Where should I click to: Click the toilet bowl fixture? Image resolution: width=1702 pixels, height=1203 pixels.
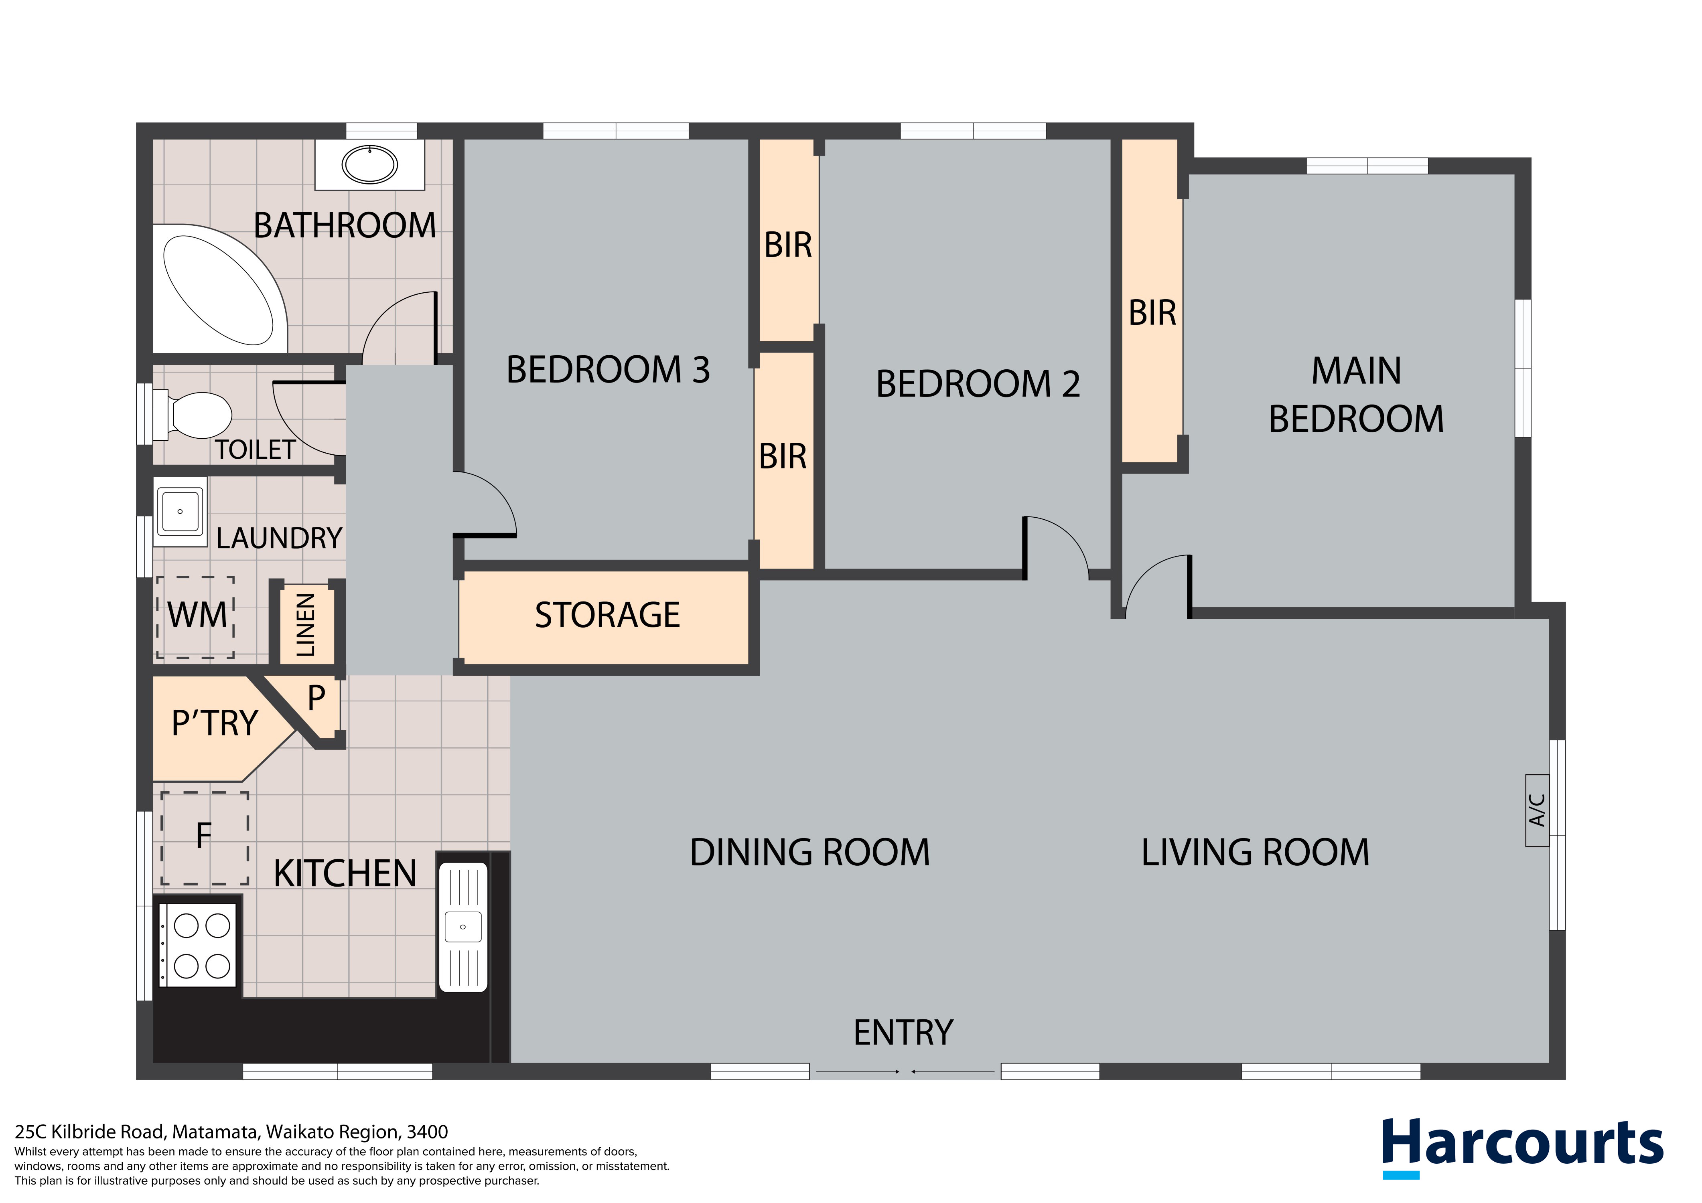point(193,415)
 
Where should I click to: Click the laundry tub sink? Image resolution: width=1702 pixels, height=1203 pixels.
point(180,511)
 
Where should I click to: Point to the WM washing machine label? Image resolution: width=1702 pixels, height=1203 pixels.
point(197,615)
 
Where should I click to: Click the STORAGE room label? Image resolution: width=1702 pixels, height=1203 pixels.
point(607,615)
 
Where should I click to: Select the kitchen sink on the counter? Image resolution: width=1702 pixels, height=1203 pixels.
point(463,927)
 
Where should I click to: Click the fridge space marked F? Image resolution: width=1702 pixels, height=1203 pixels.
point(205,838)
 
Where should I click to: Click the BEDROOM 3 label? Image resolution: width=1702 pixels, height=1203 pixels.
point(608,370)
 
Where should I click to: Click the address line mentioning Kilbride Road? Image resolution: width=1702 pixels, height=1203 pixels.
point(231,1132)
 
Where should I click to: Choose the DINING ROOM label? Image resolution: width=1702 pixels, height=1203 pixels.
point(809,853)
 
